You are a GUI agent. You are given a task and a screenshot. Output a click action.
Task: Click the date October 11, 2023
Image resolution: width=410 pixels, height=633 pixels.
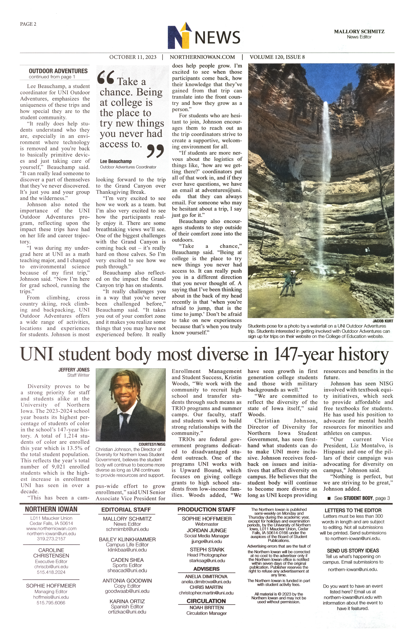point(133,57)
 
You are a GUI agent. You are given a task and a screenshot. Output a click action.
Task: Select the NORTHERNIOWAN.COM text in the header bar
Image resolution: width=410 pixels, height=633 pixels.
point(202,57)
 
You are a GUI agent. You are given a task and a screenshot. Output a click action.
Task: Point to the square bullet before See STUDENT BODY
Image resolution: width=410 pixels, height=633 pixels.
point(329,498)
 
